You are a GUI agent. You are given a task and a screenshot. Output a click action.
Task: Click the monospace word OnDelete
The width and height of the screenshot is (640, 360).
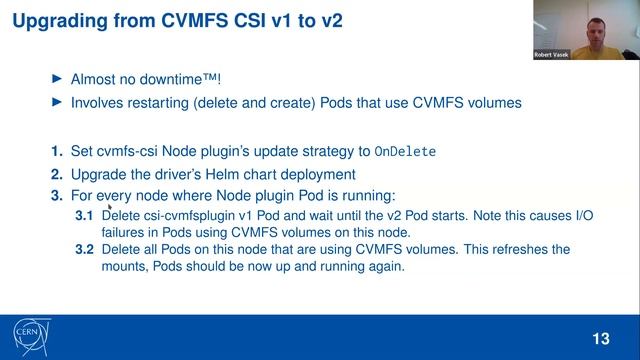point(405,153)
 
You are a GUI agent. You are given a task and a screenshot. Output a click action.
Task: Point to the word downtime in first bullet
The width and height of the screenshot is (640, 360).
point(179,78)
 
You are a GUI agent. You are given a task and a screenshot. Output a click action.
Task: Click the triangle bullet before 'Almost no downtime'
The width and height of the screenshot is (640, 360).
point(56,78)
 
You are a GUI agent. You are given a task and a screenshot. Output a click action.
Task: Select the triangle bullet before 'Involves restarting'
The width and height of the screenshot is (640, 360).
point(56,103)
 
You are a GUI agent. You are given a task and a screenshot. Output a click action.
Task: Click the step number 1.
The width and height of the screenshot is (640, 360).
point(56,152)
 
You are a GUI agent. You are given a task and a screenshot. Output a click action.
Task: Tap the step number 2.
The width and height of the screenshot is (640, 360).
point(56,174)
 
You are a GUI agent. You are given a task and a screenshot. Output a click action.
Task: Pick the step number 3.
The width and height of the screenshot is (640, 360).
point(56,195)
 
